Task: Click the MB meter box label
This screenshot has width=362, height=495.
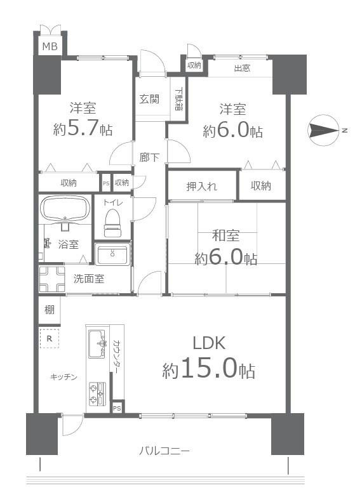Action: click(50, 47)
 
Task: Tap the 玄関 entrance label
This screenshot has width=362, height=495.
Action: click(149, 99)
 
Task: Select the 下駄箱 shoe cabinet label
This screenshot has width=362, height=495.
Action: click(178, 98)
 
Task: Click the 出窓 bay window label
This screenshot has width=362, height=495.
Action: click(242, 68)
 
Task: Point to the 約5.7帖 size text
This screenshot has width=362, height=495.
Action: click(83, 128)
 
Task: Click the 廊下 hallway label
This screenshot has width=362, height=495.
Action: click(149, 157)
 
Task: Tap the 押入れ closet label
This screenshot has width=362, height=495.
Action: click(201, 187)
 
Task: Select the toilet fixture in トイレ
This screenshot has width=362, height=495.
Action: click(113, 223)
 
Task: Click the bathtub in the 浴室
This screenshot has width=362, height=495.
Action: click(65, 208)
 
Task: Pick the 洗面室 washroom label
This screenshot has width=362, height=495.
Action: click(89, 279)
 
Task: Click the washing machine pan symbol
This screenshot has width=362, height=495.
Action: click(52, 279)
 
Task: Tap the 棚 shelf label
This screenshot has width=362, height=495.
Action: click(50, 310)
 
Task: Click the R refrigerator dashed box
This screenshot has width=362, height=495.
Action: click(50, 338)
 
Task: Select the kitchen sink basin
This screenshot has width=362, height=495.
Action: click(97, 344)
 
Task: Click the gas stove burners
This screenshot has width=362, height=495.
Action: click(97, 393)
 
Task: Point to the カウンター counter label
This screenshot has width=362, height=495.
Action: click(116, 357)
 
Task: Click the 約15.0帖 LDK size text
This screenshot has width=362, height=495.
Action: click(209, 370)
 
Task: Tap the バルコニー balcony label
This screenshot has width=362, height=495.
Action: click(164, 451)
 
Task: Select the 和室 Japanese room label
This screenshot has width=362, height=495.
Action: click(225, 236)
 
